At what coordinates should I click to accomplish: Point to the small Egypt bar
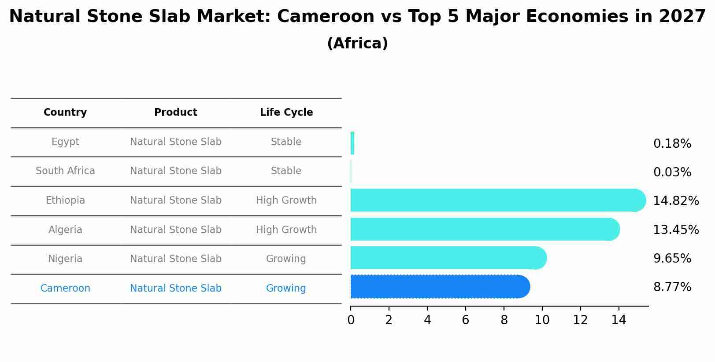352,143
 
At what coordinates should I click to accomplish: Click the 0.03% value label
672,172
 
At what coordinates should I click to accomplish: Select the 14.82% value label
675,201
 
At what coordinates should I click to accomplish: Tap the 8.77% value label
672,287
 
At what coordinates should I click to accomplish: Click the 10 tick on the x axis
542,320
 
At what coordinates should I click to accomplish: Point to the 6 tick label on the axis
465,320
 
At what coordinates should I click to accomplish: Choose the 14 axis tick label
619,320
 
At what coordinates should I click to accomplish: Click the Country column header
65,113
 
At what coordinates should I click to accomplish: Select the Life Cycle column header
286,113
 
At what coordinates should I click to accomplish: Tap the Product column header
176,113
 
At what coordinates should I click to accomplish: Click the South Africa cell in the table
65,171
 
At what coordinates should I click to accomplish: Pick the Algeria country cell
65,230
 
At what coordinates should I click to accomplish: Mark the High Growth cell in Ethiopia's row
286,201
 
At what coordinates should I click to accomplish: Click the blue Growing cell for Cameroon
286,289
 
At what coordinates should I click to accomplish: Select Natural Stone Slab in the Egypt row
176,142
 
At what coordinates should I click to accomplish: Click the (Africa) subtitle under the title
357,44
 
